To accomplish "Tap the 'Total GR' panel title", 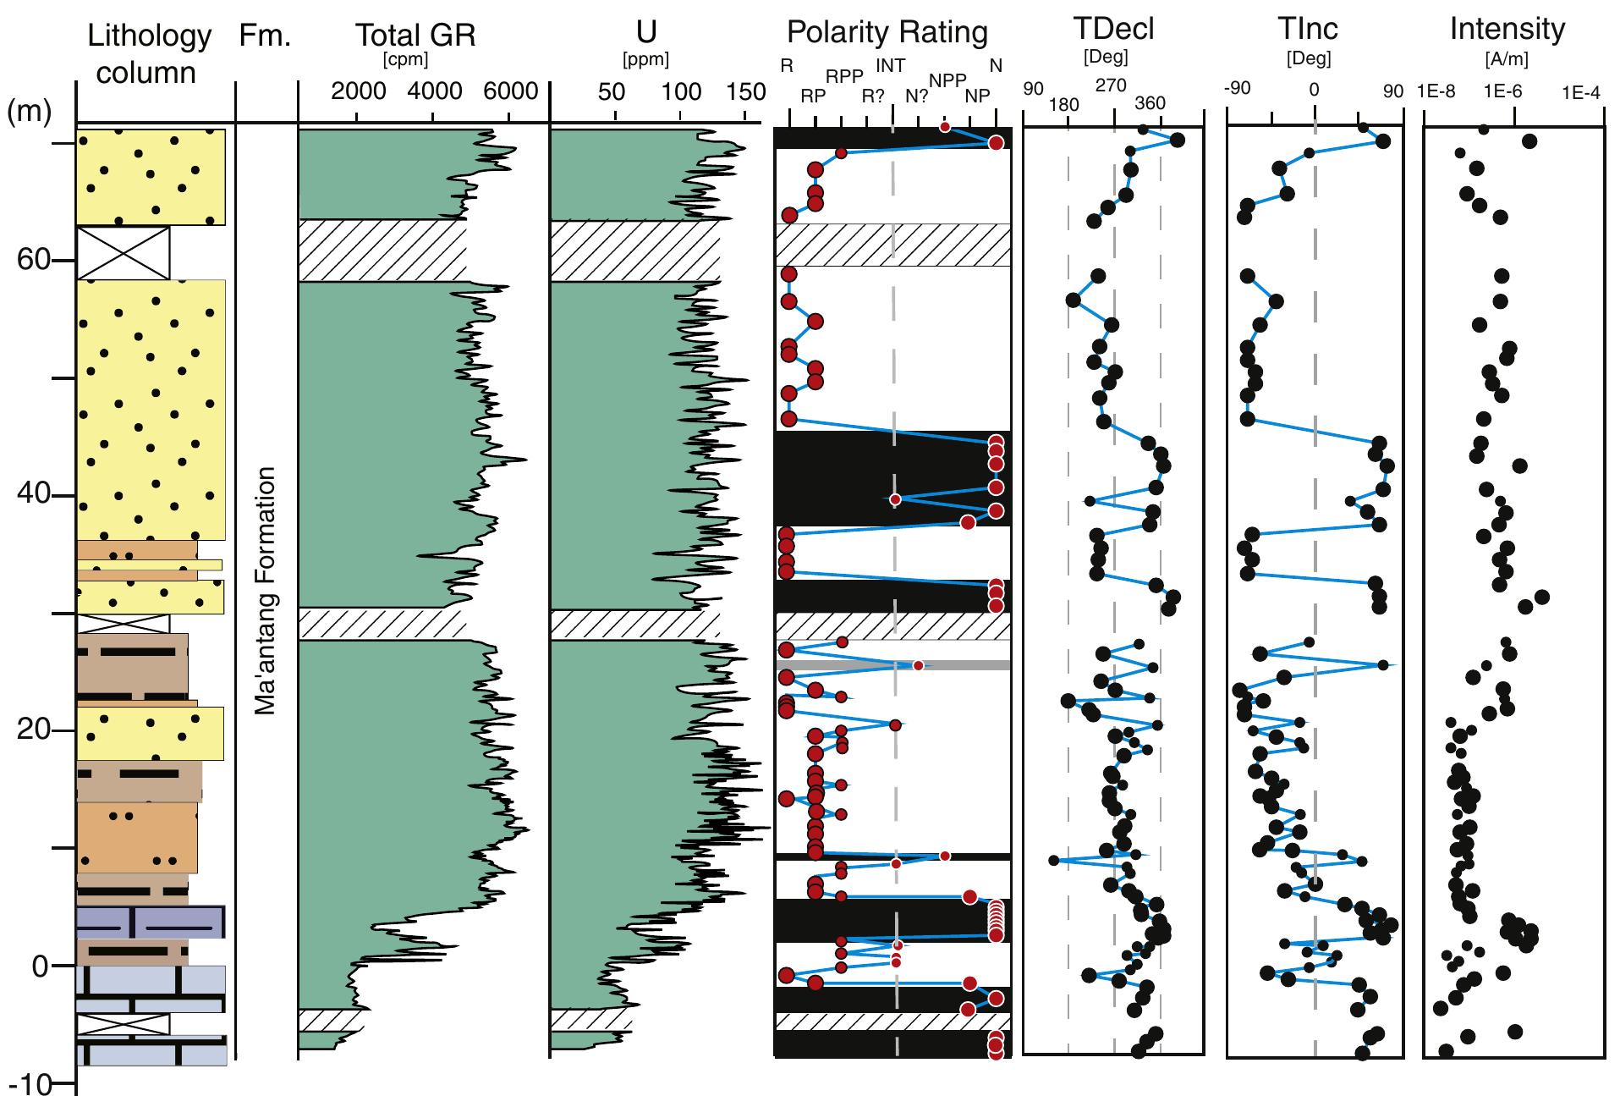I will tap(415, 35).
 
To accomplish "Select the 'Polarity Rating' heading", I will tap(887, 32).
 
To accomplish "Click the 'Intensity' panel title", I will tap(1507, 29).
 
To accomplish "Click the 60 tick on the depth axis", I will tap(34, 260).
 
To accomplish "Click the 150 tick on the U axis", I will tap(746, 91).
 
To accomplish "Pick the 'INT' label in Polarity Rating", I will tap(890, 65).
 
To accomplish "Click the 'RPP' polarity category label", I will tap(843, 77).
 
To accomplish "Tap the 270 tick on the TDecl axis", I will tap(1111, 85).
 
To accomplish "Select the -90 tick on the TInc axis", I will tap(1238, 88).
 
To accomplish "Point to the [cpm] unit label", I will tap(405, 60).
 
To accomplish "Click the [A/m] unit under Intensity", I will tap(1507, 60).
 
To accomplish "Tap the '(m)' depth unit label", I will tap(30, 111).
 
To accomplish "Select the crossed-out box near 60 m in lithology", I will tap(123, 252).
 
